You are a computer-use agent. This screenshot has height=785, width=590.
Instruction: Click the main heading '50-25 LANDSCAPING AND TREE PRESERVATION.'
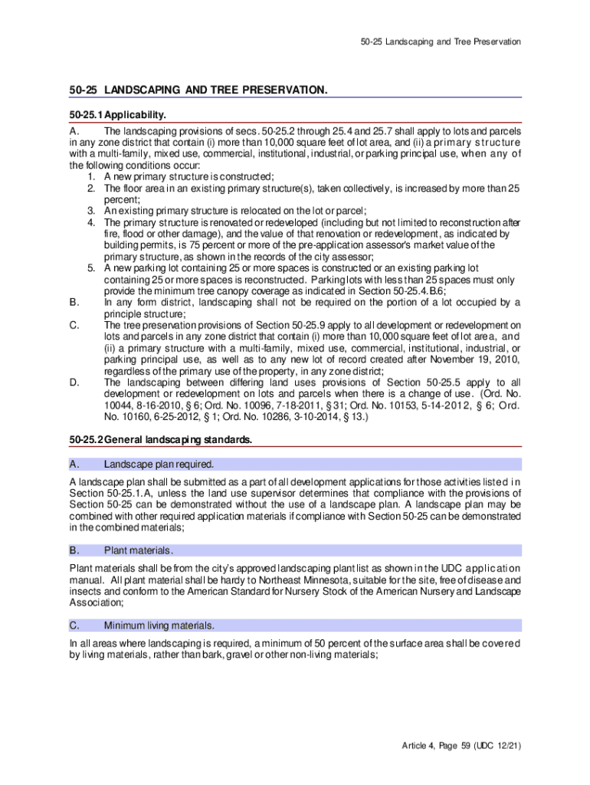tap(198, 90)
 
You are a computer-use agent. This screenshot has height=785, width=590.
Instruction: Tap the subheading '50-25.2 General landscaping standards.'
tap(160, 439)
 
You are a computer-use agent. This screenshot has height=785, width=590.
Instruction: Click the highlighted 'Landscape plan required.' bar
tap(295, 464)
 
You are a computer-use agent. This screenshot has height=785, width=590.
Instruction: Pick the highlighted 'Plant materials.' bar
tap(295, 550)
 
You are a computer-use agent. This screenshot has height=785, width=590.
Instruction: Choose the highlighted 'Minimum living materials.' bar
tap(295, 625)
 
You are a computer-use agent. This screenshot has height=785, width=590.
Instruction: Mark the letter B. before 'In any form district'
tap(74, 303)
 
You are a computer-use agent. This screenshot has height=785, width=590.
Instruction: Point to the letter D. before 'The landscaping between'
tap(74, 383)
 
